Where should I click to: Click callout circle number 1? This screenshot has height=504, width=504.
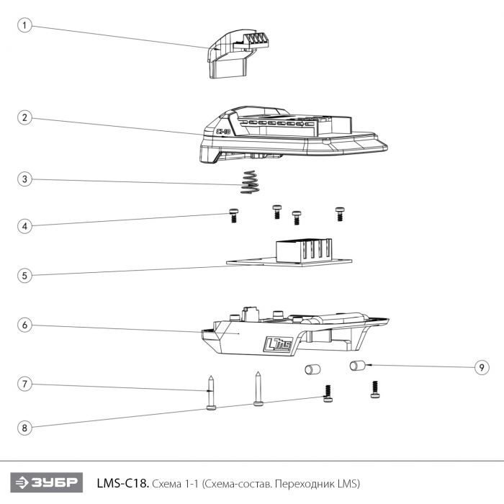tap(25, 26)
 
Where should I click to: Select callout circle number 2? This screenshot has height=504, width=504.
tap(25, 117)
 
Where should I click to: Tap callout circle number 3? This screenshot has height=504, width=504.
tap(25, 179)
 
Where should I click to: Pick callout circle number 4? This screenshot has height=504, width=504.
tap(25, 226)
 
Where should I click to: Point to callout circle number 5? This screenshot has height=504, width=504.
tap(25, 275)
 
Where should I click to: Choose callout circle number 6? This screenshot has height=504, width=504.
tap(25, 325)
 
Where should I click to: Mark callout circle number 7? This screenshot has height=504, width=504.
tap(25, 384)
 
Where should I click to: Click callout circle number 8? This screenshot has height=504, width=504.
tap(25, 428)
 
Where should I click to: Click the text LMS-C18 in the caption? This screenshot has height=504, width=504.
tap(122, 482)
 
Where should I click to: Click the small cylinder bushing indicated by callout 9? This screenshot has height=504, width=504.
tap(356, 366)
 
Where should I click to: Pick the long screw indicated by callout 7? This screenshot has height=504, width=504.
tap(210, 393)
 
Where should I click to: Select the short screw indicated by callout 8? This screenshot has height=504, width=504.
tap(329, 392)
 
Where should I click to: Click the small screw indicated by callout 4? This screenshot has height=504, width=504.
tap(233, 215)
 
